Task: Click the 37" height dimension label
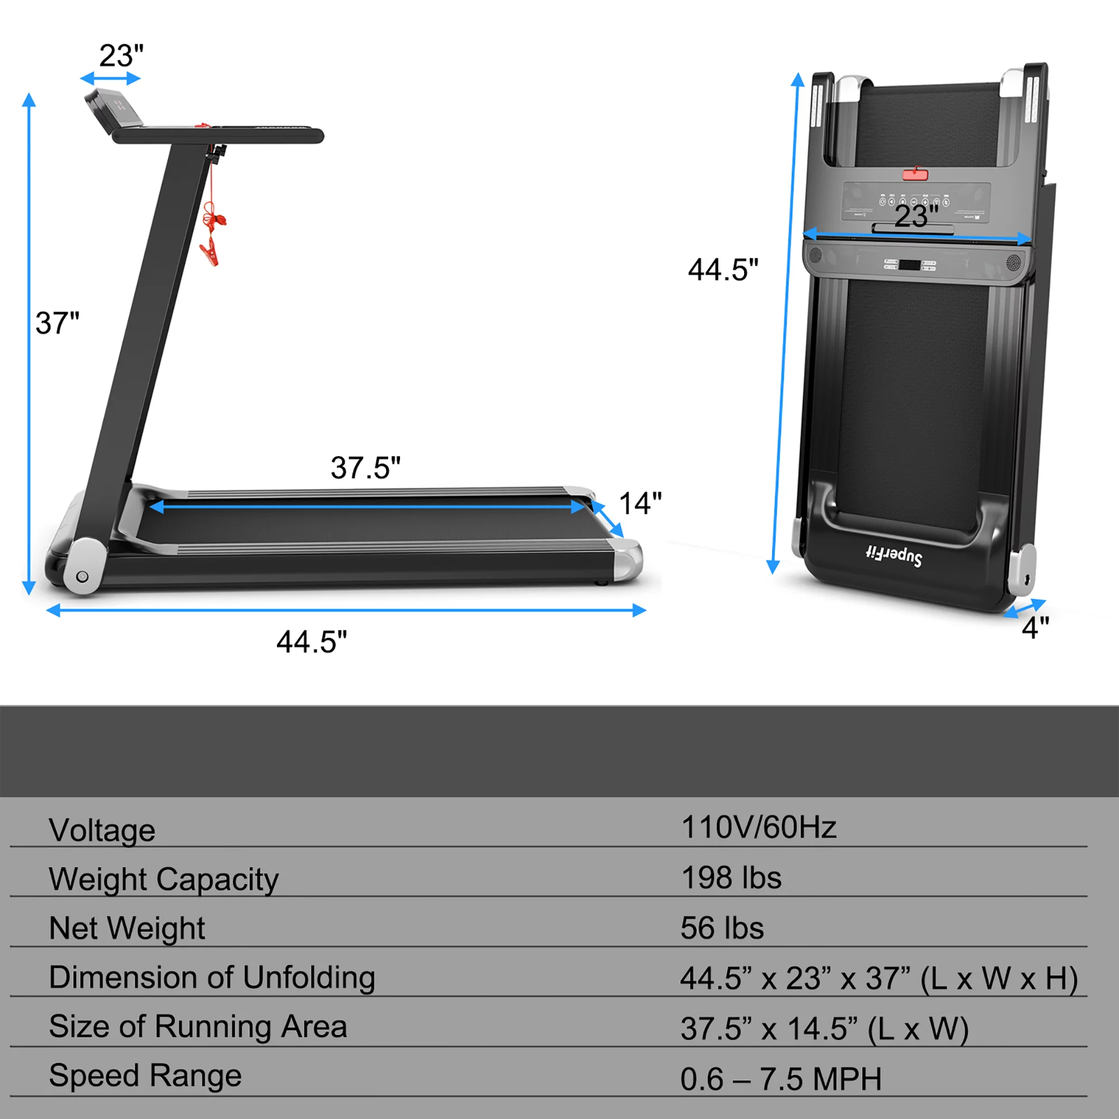(x=57, y=323)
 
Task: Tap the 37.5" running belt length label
(x=365, y=467)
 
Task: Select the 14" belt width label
(x=640, y=504)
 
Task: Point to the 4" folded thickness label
(x=1035, y=628)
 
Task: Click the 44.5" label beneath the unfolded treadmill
(x=312, y=642)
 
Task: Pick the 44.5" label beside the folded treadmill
(x=723, y=270)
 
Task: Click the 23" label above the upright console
(x=121, y=55)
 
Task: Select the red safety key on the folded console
(x=915, y=174)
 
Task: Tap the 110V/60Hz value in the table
(x=758, y=827)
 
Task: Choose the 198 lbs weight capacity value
(x=731, y=877)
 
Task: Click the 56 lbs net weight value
(x=722, y=928)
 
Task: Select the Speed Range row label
(x=145, y=1075)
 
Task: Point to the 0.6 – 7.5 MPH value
(x=781, y=1079)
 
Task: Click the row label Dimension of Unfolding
(x=212, y=977)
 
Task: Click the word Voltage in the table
(x=102, y=830)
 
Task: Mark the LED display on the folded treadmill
(x=909, y=265)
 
